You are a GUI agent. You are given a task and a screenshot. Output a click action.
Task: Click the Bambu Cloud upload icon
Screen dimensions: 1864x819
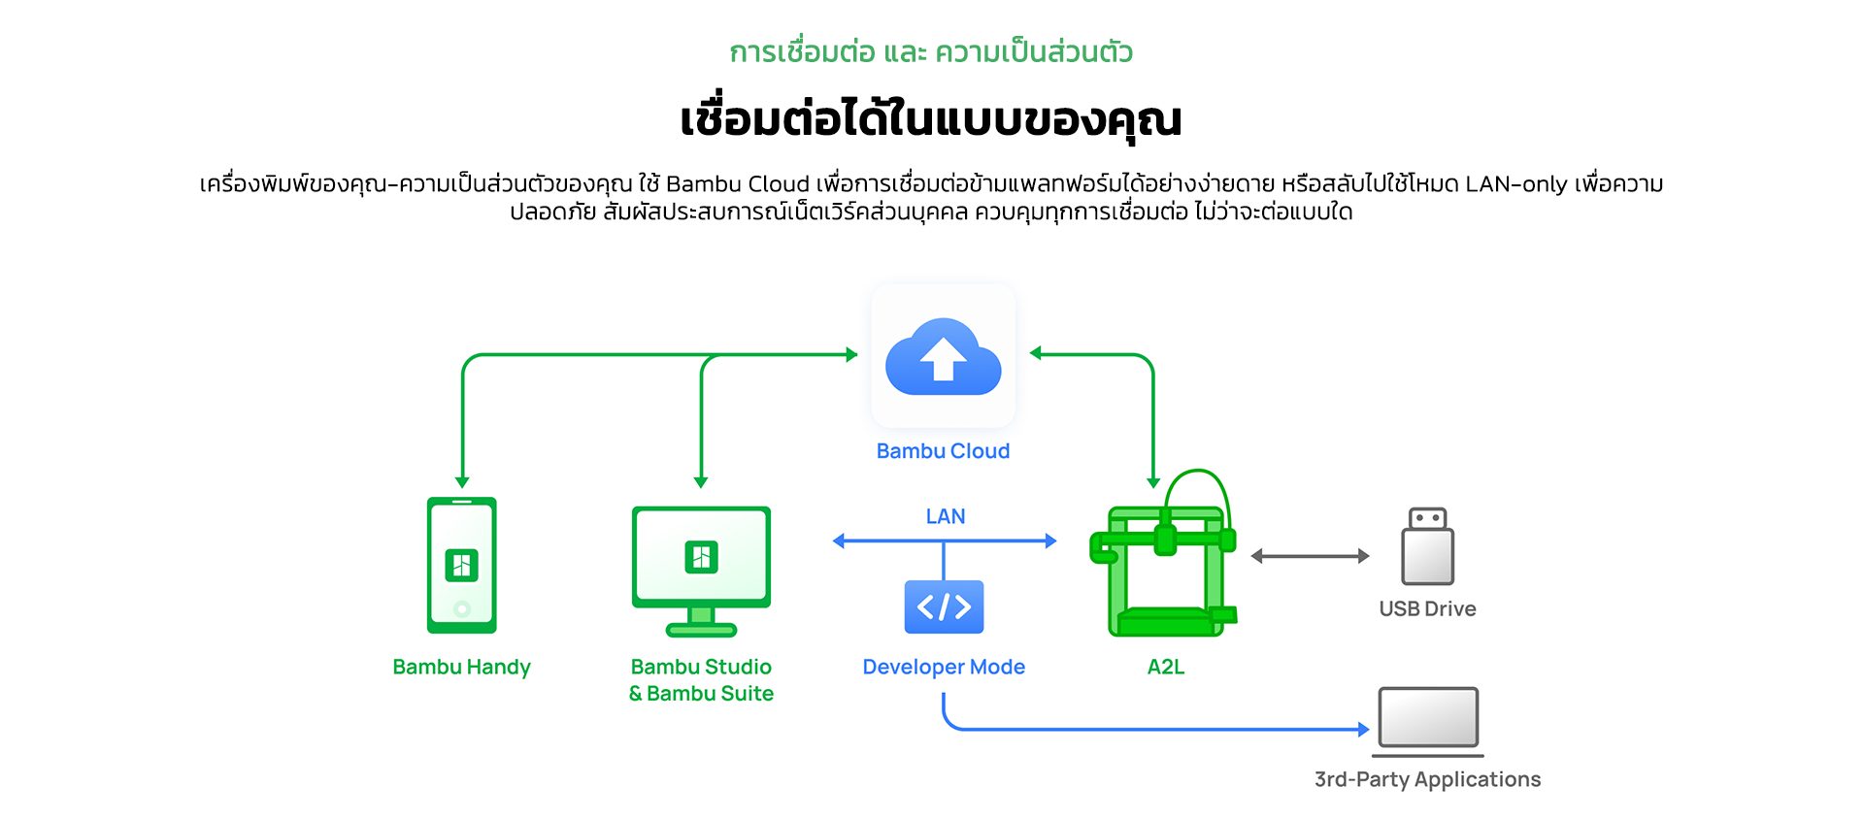pos(943,356)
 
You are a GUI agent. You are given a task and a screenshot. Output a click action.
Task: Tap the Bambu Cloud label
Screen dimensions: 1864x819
pos(943,451)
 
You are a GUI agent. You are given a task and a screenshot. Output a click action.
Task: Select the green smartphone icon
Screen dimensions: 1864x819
pos(462,565)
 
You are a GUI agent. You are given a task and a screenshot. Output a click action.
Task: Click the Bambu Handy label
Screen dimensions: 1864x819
pos(461,668)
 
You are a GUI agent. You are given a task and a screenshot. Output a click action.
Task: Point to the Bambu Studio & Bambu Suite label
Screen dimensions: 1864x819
pos(701,680)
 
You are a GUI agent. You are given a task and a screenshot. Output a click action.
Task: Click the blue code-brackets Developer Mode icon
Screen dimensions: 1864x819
pos(944,606)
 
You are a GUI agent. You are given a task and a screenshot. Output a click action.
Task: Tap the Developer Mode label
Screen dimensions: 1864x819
pos(944,668)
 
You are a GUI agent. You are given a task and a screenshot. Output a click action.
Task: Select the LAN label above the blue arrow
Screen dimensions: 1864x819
pos(946,516)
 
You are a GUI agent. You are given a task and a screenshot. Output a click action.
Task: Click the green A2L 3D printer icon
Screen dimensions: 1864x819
pos(1164,554)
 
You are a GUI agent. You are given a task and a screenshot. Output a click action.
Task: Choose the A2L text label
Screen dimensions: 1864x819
pos(1166,668)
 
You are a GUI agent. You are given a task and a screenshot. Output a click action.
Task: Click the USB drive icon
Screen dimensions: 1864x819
pos(1428,546)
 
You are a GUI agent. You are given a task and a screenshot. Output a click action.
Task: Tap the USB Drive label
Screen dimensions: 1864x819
pos(1428,609)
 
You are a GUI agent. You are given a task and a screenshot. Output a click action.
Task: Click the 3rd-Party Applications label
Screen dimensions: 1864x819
pos(1428,780)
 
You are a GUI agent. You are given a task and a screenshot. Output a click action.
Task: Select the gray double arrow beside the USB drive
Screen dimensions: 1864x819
pos(1311,556)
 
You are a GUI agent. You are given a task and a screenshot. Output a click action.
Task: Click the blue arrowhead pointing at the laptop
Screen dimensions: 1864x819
pos(1363,729)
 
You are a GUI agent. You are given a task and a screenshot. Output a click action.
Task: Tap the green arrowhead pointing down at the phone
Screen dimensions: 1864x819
pos(462,482)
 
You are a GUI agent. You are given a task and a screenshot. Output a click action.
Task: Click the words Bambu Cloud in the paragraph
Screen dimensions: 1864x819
pos(738,184)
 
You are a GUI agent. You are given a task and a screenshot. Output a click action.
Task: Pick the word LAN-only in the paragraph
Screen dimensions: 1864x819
pos(1516,184)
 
